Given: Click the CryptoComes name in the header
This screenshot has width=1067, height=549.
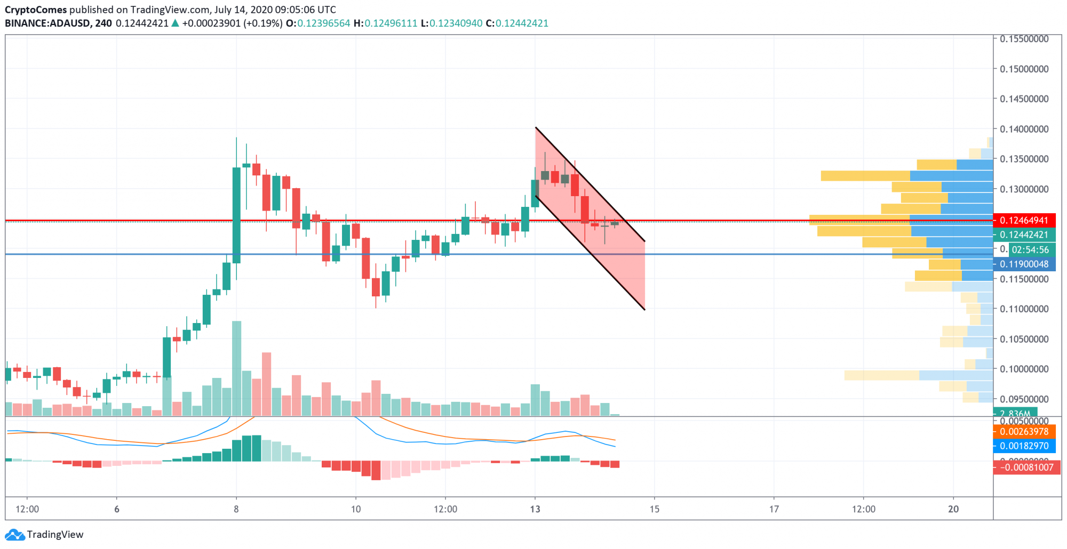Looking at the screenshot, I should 36,10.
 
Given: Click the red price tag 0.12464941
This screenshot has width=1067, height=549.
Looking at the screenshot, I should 1024,220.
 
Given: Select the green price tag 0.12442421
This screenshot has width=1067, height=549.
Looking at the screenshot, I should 1024,235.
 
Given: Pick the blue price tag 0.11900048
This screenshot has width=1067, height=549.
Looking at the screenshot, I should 1024,264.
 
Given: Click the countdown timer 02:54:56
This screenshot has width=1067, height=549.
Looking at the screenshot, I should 1030,249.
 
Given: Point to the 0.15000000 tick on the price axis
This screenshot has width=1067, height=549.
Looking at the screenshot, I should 1024,69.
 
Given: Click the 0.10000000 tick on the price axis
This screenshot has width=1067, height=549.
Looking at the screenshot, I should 1024,369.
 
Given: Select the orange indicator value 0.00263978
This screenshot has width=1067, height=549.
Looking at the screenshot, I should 1024,432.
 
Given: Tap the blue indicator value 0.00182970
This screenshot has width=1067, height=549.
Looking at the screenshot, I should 1024,446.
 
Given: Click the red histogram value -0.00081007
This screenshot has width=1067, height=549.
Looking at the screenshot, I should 1026,467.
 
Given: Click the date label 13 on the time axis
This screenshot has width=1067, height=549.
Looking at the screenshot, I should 535,509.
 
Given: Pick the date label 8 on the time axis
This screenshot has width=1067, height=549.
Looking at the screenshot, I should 236,509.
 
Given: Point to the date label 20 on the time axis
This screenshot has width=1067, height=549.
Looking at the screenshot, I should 953,509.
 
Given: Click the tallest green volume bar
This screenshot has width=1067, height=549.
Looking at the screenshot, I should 236,368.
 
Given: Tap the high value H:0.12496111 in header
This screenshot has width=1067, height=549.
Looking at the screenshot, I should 385,23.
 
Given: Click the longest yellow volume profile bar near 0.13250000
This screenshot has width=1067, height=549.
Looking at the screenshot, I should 865,176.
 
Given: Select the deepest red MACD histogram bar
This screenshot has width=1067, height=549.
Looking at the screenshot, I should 376,471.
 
